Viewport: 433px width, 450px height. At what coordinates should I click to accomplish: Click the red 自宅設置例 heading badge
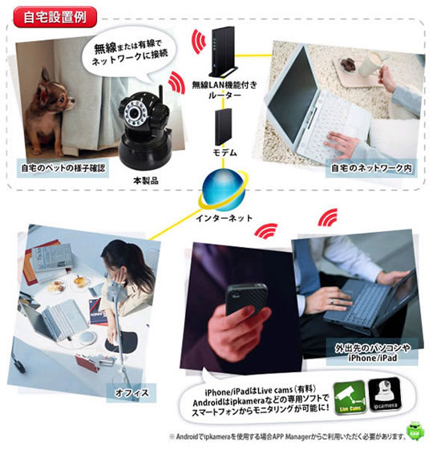click(55, 17)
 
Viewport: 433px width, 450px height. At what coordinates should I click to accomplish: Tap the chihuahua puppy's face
click(62, 97)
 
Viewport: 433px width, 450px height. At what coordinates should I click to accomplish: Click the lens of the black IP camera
click(134, 113)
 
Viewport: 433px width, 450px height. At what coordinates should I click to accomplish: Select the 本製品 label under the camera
click(146, 180)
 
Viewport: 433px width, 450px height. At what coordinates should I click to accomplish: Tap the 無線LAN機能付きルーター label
click(225, 90)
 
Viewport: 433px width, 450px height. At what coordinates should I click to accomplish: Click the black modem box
click(223, 127)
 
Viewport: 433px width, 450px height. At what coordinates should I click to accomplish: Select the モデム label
click(225, 152)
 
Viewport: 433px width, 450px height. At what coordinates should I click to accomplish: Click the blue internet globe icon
click(224, 190)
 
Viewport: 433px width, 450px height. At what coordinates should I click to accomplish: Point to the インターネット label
click(224, 218)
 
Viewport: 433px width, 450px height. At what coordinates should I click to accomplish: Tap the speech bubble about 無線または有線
click(129, 53)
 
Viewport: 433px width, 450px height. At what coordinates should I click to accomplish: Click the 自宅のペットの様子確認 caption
click(63, 168)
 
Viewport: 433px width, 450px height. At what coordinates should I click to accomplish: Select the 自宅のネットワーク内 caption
click(371, 168)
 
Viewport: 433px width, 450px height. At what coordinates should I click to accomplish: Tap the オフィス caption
click(132, 392)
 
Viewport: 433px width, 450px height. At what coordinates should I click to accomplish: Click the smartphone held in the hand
click(247, 299)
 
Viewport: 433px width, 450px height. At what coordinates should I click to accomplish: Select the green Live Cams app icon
click(350, 398)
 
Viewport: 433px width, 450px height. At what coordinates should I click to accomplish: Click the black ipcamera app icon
click(384, 395)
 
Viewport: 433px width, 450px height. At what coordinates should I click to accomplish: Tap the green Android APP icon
click(415, 431)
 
